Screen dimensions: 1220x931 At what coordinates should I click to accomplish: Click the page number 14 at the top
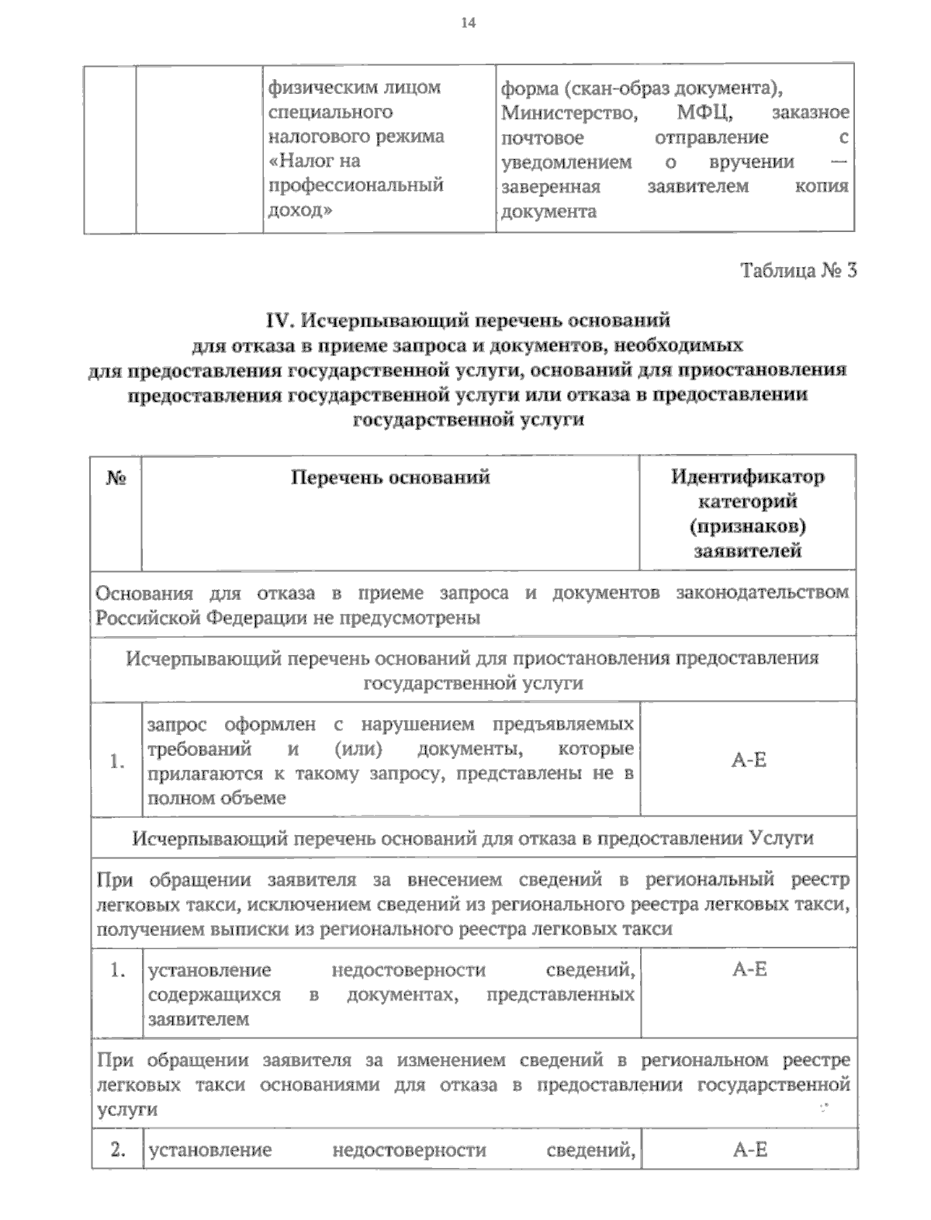(466, 23)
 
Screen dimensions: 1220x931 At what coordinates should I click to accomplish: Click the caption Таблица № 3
(799, 271)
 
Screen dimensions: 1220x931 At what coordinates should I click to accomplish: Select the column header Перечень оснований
(390, 477)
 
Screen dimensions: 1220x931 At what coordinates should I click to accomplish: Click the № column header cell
(116, 478)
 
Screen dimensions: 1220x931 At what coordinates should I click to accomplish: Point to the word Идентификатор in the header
(748, 477)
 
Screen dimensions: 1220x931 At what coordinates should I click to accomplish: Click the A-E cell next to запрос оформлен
(749, 760)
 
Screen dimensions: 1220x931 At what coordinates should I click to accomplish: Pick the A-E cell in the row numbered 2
(749, 1150)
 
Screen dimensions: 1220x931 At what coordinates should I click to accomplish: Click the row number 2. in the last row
(118, 1150)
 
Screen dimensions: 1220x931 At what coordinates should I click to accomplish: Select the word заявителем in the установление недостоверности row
(199, 1019)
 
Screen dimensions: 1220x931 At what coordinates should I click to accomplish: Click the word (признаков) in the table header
(748, 526)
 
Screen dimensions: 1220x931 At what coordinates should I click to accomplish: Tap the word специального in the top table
(330, 113)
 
